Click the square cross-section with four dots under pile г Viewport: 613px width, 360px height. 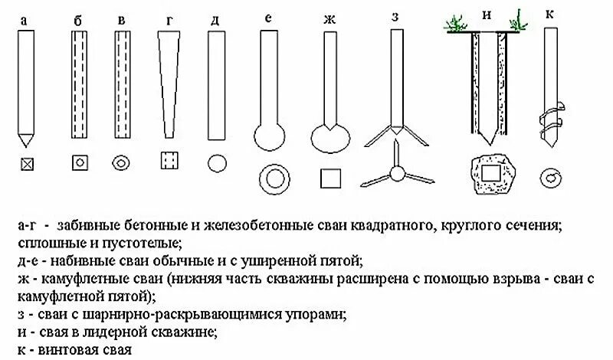coord(169,162)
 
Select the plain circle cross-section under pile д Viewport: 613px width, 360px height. coord(217,163)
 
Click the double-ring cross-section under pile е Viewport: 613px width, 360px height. coord(273,178)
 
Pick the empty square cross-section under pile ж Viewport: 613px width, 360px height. coord(330,178)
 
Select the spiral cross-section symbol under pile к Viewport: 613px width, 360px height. coord(549,178)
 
